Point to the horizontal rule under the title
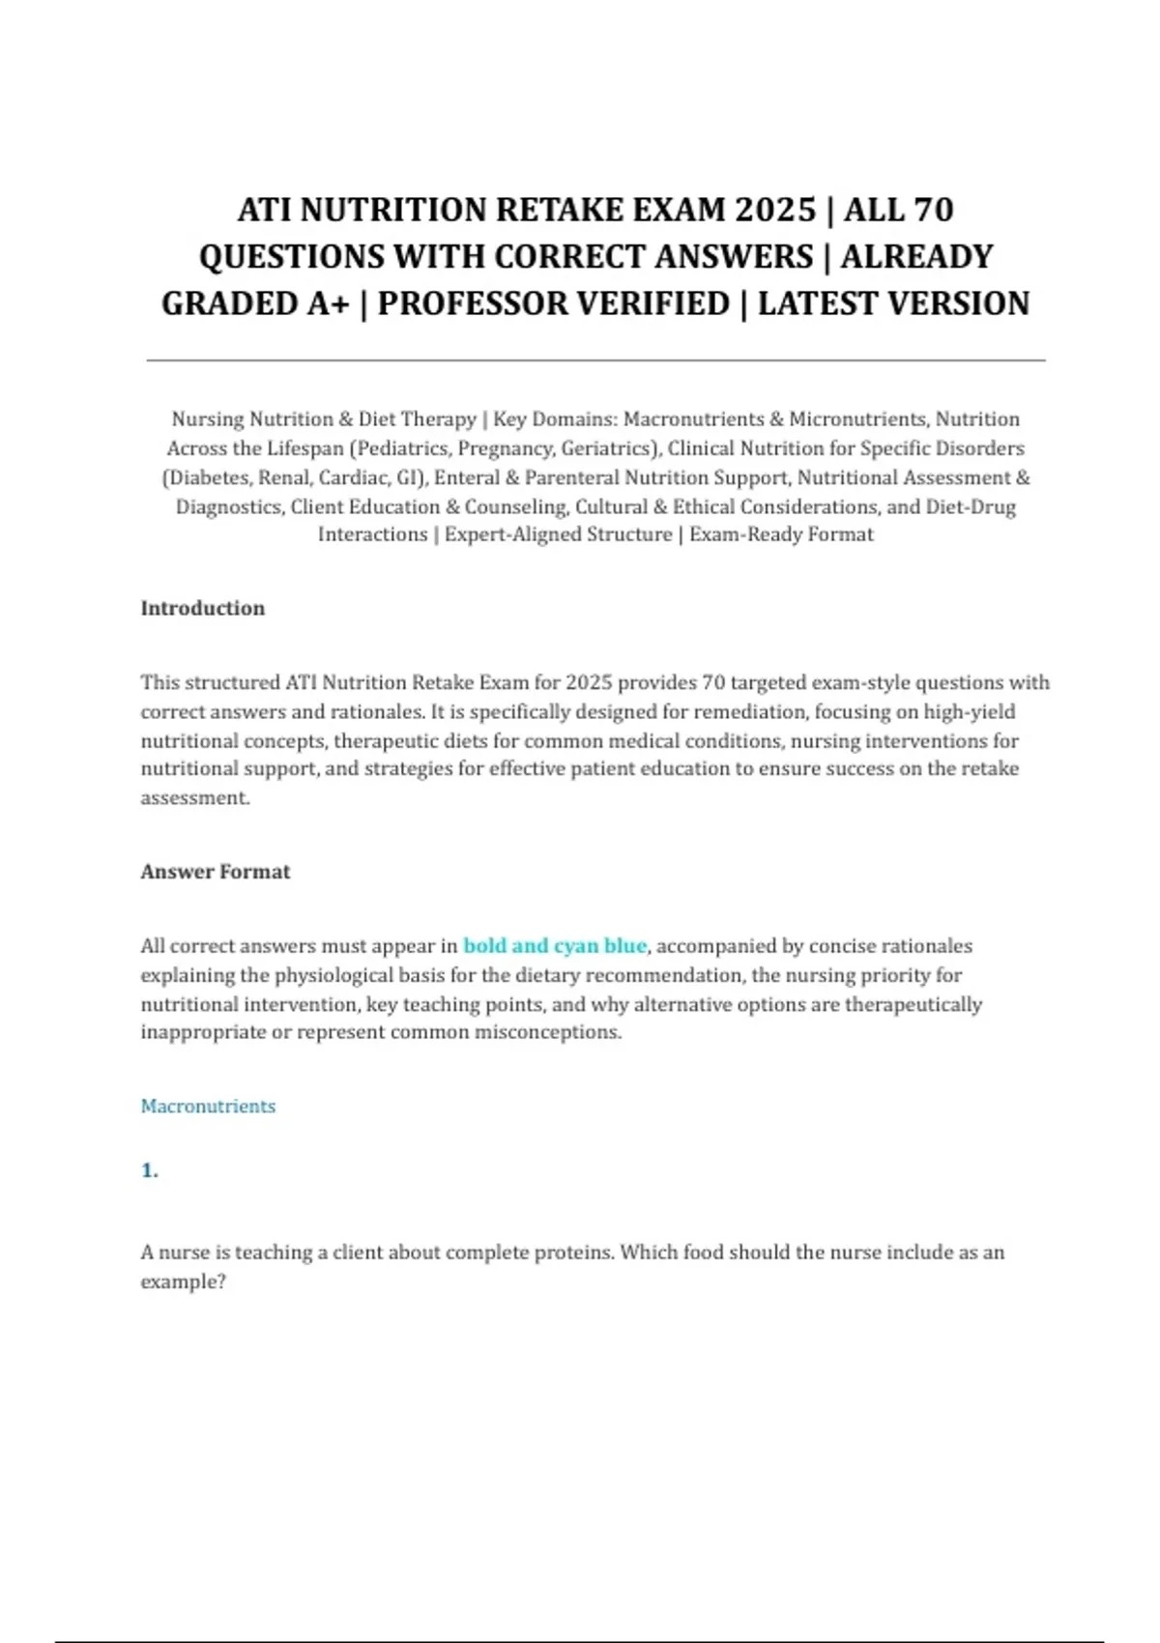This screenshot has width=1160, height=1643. tap(595, 360)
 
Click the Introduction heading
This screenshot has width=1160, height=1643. tap(203, 608)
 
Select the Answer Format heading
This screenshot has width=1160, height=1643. tap(216, 872)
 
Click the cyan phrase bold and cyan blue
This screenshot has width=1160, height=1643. tap(555, 946)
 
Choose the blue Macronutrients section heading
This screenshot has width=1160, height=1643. tap(208, 1107)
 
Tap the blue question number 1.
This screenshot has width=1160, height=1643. tap(149, 1171)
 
